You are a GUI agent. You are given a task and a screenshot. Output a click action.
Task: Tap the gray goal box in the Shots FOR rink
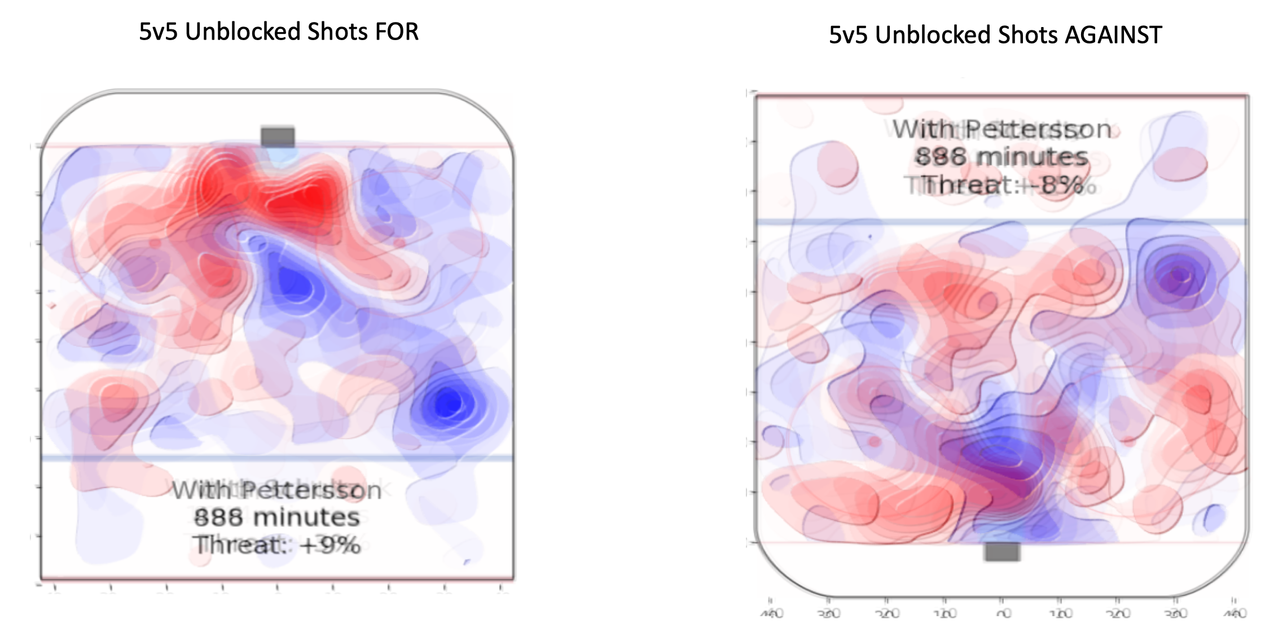click(278, 137)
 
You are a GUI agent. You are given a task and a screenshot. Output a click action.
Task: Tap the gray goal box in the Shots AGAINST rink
click(1001, 551)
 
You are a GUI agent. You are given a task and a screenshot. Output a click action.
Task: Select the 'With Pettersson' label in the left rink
click(276, 490)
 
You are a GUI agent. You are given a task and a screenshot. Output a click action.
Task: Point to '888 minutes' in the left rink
click(276, 517)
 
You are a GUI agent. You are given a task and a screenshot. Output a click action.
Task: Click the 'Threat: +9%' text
click(276, 545)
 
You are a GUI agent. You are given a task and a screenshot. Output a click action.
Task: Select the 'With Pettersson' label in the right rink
click(1001, 129)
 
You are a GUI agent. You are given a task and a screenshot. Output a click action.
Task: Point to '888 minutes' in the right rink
click(1001, 156)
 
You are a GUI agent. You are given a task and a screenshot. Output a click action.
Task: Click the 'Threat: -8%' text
click(1001, 185)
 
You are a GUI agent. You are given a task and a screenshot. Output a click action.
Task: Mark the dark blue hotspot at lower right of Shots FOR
click(449, 403)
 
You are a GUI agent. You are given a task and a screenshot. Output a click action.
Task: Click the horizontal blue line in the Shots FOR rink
click(276, 458)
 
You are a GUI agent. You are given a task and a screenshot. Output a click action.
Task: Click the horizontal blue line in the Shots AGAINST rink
click(1001, 222)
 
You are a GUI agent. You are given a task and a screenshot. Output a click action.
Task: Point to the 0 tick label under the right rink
click(1003, 613)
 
